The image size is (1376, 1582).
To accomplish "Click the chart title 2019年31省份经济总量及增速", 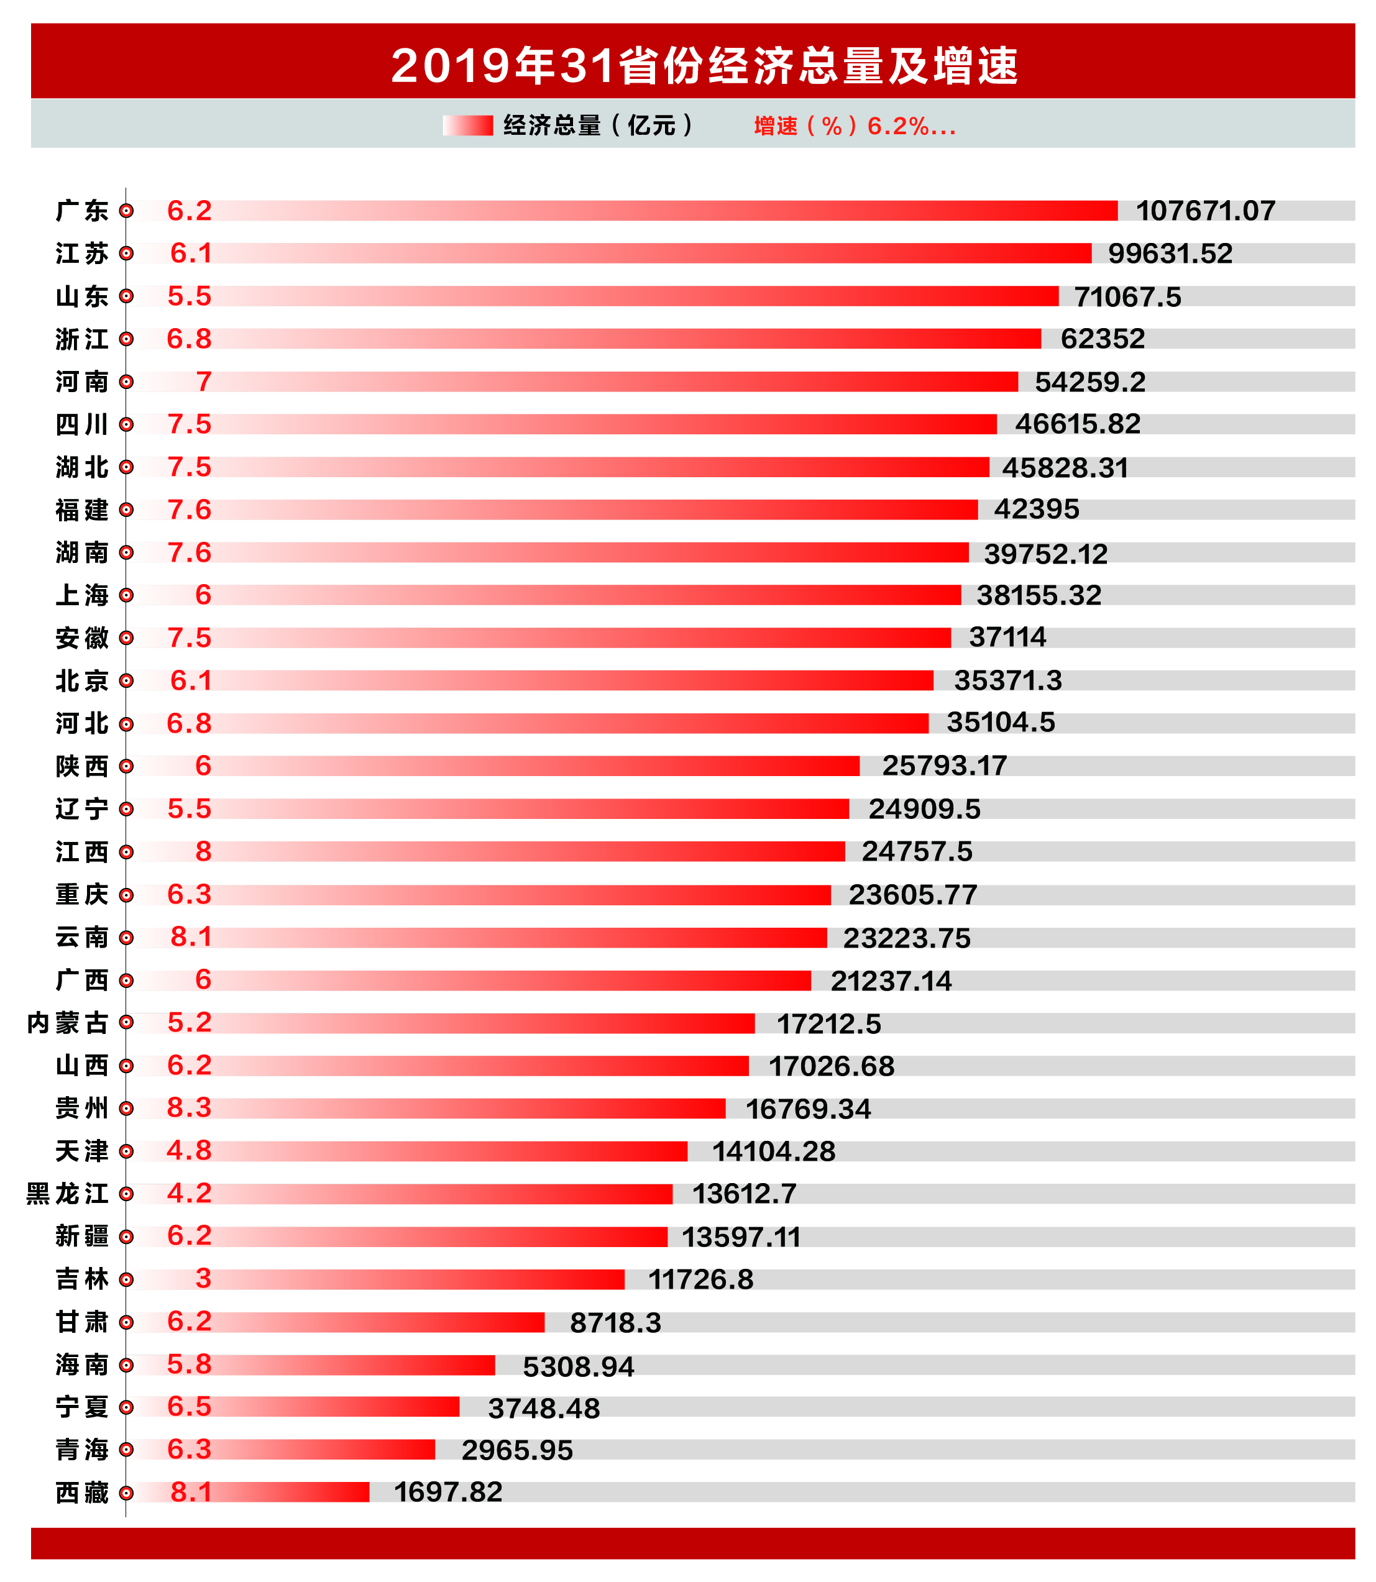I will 704,65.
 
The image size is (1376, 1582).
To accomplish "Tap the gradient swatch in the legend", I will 467,125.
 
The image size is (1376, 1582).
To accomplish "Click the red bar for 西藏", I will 291,1491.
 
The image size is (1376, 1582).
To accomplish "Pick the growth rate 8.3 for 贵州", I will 189,1108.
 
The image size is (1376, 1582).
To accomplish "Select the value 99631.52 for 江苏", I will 1170,254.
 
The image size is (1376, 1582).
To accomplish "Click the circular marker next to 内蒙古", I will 127,1022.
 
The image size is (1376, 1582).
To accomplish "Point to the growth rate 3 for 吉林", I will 203,1278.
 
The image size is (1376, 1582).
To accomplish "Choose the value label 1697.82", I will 447,1491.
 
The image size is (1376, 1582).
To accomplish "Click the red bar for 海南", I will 353,1365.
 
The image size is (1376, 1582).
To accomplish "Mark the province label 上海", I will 81,595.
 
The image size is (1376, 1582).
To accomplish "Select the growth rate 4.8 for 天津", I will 189,1151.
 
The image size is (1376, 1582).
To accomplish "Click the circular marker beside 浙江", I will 127,339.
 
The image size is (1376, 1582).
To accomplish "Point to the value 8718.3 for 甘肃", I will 615,1322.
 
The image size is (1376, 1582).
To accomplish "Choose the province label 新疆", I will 81,1236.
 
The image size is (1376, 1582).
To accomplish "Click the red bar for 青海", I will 323,1449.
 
